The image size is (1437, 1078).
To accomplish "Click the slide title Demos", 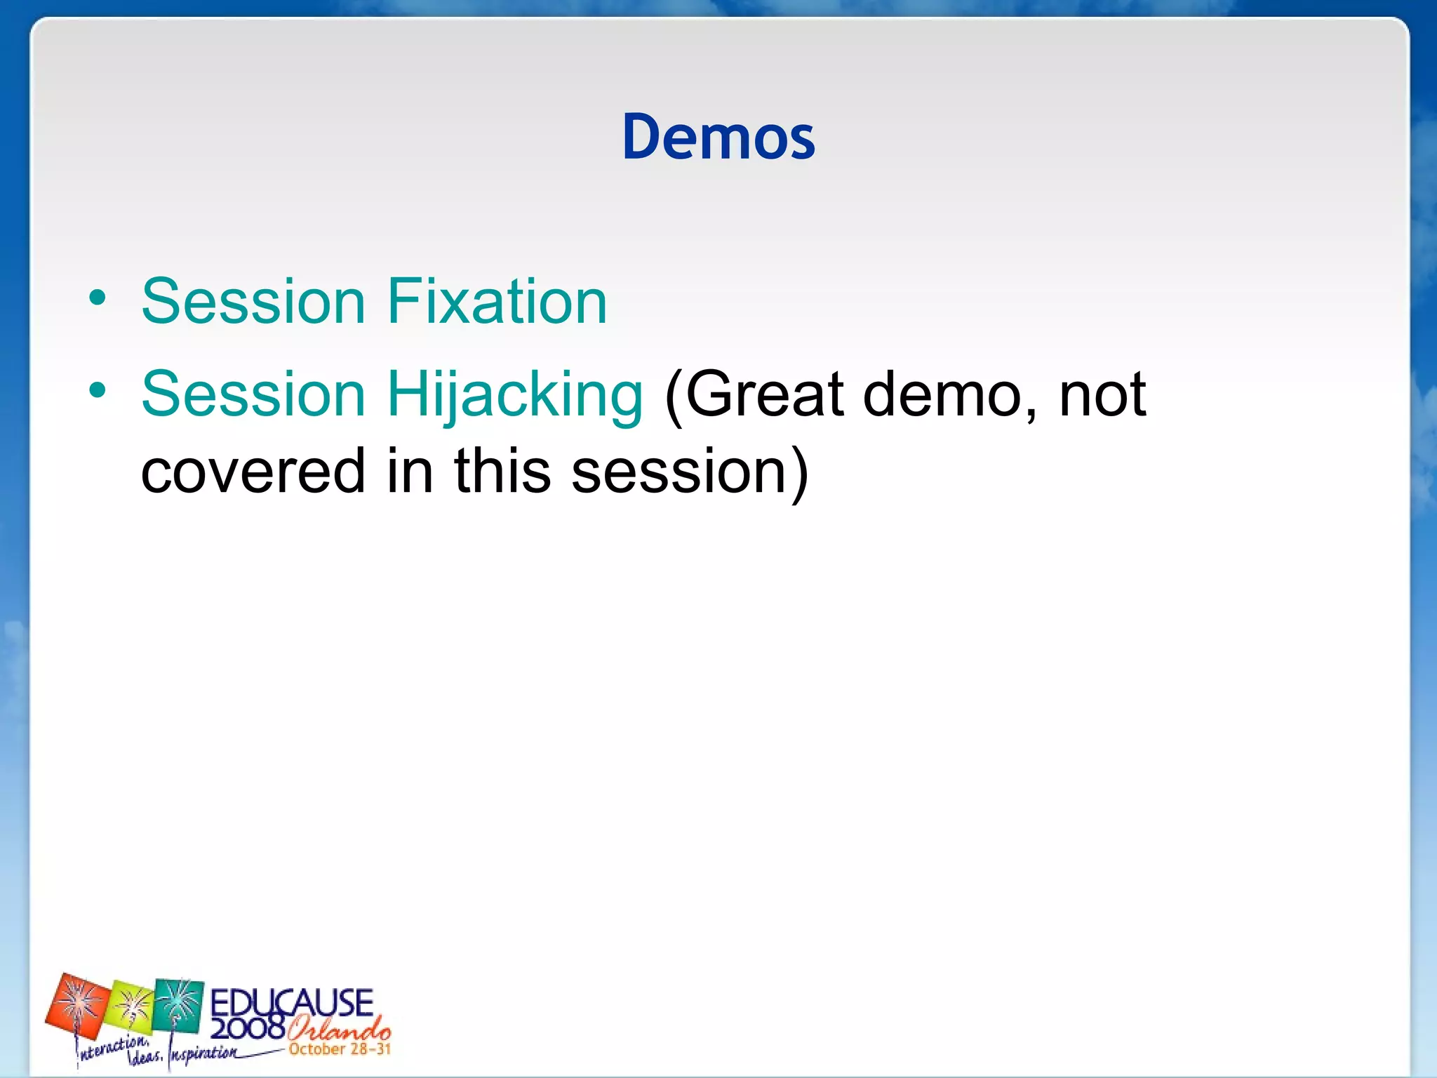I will [718, 137].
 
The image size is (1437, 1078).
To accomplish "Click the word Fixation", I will [497, 302].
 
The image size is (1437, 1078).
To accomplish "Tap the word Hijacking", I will [514, 394].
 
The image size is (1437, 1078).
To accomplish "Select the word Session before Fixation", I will [253, 302].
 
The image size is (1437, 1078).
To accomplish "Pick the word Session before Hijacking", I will [253, 394].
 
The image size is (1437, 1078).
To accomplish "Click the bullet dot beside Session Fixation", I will [98, 299].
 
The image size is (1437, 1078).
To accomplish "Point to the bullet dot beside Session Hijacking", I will [98, 391].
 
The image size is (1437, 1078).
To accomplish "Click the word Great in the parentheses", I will [761, 394].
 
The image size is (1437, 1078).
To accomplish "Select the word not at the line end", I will [1102, 394].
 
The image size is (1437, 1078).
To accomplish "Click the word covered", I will [253, 472].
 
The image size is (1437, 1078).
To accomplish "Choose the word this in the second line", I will [502, 472].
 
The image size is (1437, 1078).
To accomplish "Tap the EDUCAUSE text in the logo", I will [292, 1002].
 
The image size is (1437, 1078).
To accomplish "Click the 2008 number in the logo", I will [247, 1028].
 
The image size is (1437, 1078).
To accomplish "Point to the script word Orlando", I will [339, 1029].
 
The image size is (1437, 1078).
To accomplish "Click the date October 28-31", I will [340, 1050].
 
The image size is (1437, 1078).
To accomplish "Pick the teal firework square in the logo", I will [178, 1005].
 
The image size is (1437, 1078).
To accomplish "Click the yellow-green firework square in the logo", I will [131, 1006].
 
